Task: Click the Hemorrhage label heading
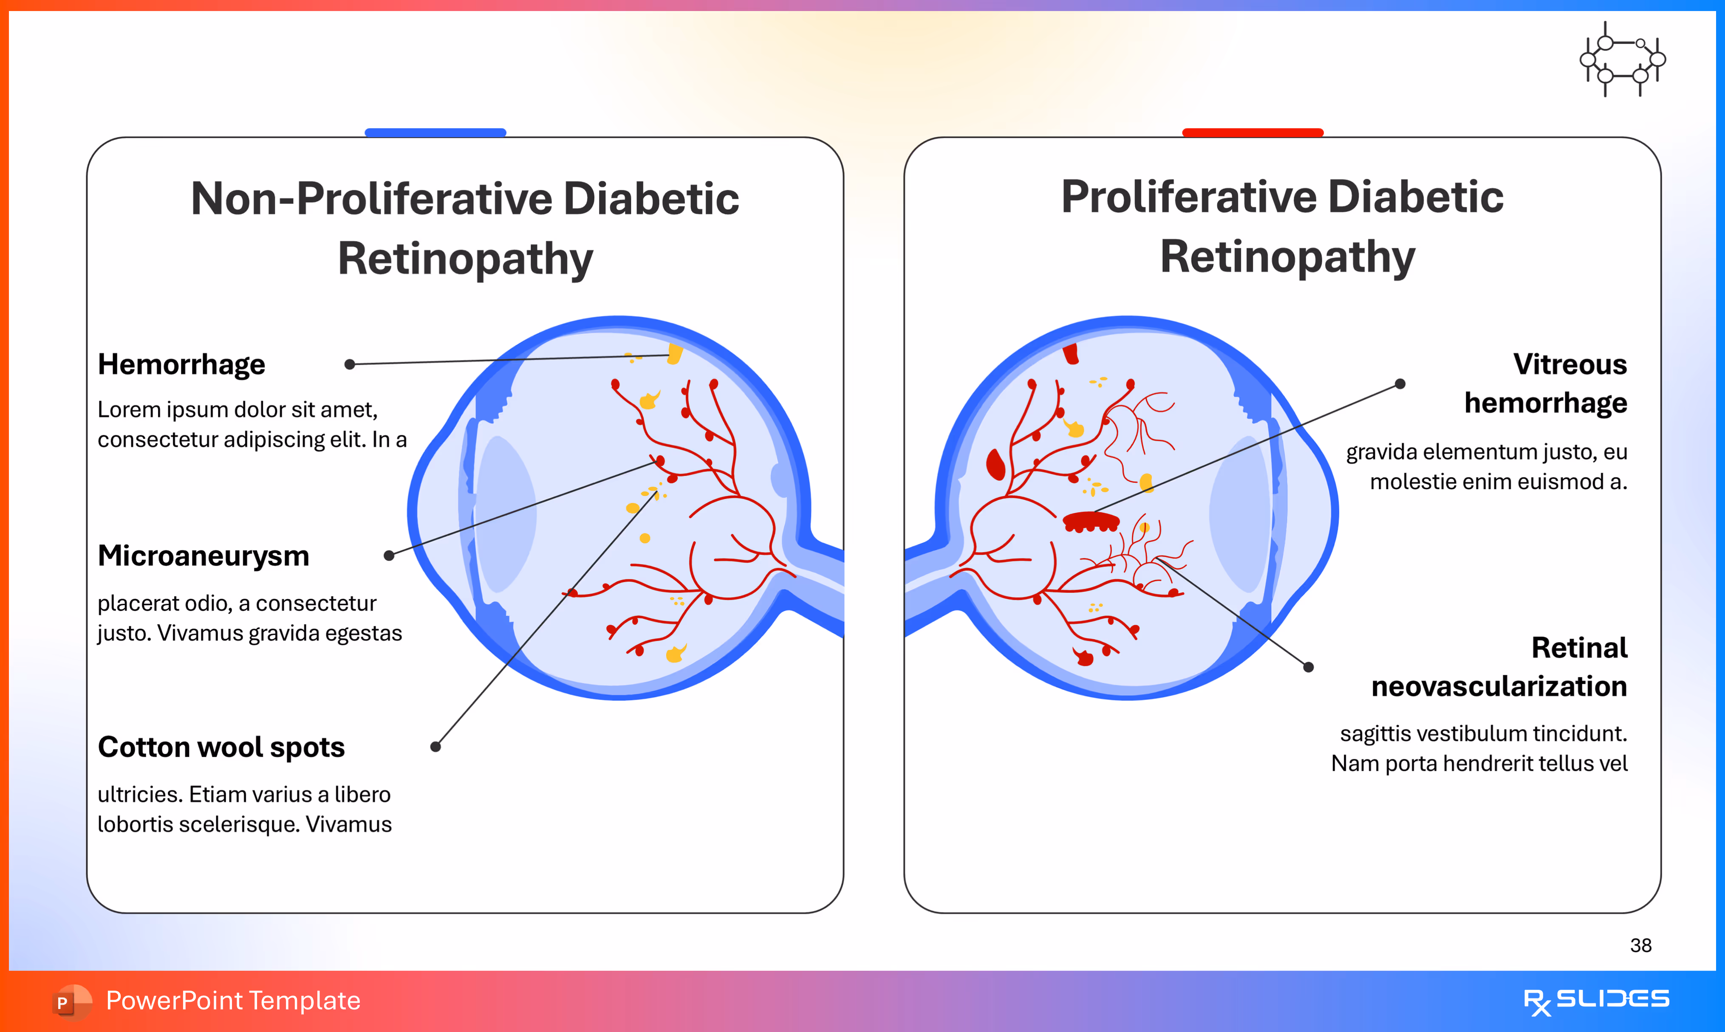(181, 364)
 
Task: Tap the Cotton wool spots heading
(221, 747)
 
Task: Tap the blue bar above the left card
(435, 132)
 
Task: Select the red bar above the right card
(1253, 132)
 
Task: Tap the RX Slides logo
(1596, 1001)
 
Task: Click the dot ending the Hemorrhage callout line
(350, 364)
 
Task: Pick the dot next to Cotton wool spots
(435, 747)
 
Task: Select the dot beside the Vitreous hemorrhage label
(1400, 384)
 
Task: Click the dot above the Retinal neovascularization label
(1308, 668)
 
